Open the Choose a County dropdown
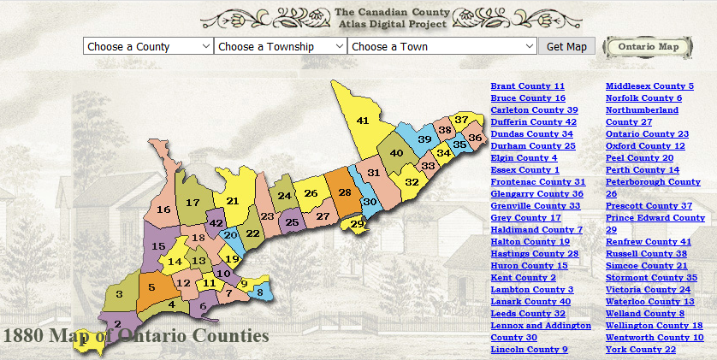pos(148,46)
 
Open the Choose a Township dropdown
pos(280,46)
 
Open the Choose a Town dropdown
pos(441,46)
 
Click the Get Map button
pos(566,46)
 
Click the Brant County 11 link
pos(527,86)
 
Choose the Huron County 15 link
pos(529,266)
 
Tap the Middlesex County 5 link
pos(649,86)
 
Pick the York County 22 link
pos(641,350)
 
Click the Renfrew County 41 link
pos(649,242)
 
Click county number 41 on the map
pos(363,120)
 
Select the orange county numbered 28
pos(344,193)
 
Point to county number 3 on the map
pos(119,295)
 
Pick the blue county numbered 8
pos(261,292)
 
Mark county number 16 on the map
pos(163,210)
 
